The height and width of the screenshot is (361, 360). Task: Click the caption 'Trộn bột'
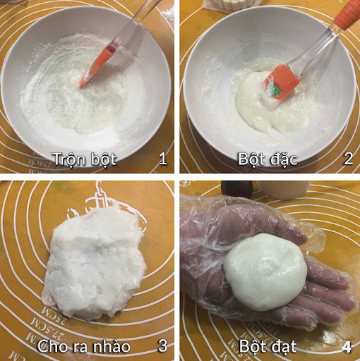tap(85, 159)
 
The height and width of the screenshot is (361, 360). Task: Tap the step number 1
tap(163, 158)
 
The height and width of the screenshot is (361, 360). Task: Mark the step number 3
tap(162, 346)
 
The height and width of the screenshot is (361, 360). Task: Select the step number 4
tap(347, 346)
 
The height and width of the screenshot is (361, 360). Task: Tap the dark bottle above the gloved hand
tap(236, 188)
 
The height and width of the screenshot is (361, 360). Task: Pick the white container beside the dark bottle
tap(282, 189)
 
